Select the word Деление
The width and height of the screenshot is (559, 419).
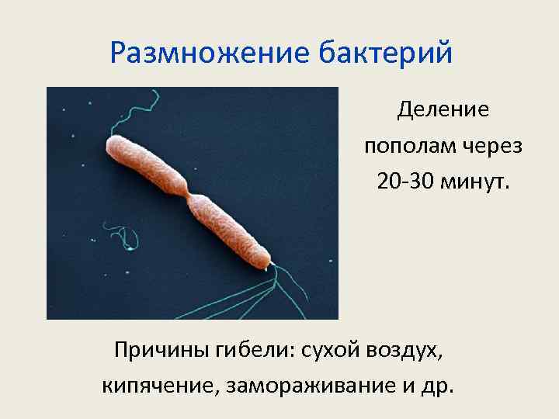(x=443, y=110)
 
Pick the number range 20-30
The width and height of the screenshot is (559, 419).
(x=406, y=182)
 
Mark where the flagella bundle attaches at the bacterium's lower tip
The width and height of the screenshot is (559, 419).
(x=269, y=265)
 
